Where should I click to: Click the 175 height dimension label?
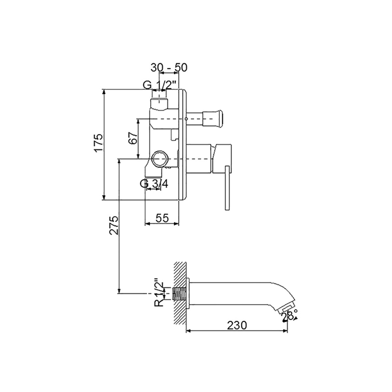(x=99, y=143)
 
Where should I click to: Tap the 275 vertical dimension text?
(x=114, y=226)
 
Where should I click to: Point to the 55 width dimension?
(x=162, y=218)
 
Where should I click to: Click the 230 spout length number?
(x=237, y=325)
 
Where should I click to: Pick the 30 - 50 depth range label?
(x=169, y=68)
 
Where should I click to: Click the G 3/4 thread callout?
(x=154, y=184)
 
